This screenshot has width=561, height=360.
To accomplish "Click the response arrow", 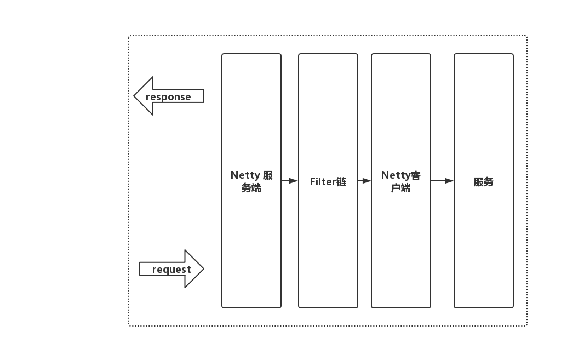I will pyautogui.click(x=169, y=96).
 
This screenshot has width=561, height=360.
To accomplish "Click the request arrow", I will pyautogui.click(x=171, y=269).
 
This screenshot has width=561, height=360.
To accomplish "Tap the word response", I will pyautogui.click(x=168, y=97).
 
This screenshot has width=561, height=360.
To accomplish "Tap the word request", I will pyautogui.click(x=171, y=270).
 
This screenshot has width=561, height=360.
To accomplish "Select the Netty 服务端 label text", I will pyautogui.click(x=251, y=181).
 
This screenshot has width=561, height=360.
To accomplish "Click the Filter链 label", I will pyautogui.click(x=328, y=182).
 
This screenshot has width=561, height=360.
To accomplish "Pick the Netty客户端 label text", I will pyautogui.click(x=401, y=181).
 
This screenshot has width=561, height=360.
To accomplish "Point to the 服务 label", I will pyautogui.click(x=484, y=182).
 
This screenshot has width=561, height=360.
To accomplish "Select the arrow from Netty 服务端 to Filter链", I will pyautogui.click(x=289, y=181).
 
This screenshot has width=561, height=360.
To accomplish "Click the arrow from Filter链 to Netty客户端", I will pyautogui.click(x=364, y=181).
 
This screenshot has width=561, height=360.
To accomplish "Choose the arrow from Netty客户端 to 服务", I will pyautogui.click(x=442, y=181).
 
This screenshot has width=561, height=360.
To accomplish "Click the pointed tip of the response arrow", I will pyautogui.click(x=135, y=96).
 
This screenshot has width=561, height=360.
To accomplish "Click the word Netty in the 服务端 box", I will pyautogui.click(x=245, y=175).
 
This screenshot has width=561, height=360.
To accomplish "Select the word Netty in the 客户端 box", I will pyautogui.click(x=396, y=175).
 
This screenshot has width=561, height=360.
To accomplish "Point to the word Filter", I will pyautogui.click(x=323, y=182).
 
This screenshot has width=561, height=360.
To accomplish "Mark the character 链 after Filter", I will pyautogui.click(x=341, y=182).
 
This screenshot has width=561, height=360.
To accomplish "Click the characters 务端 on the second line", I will pyautogui.click(x=251, y=188).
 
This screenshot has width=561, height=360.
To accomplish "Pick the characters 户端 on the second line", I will pyautogui.click(x=401, y=188).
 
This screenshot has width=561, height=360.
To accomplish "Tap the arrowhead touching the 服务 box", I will pyautogui.click(x=450, y=181).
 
